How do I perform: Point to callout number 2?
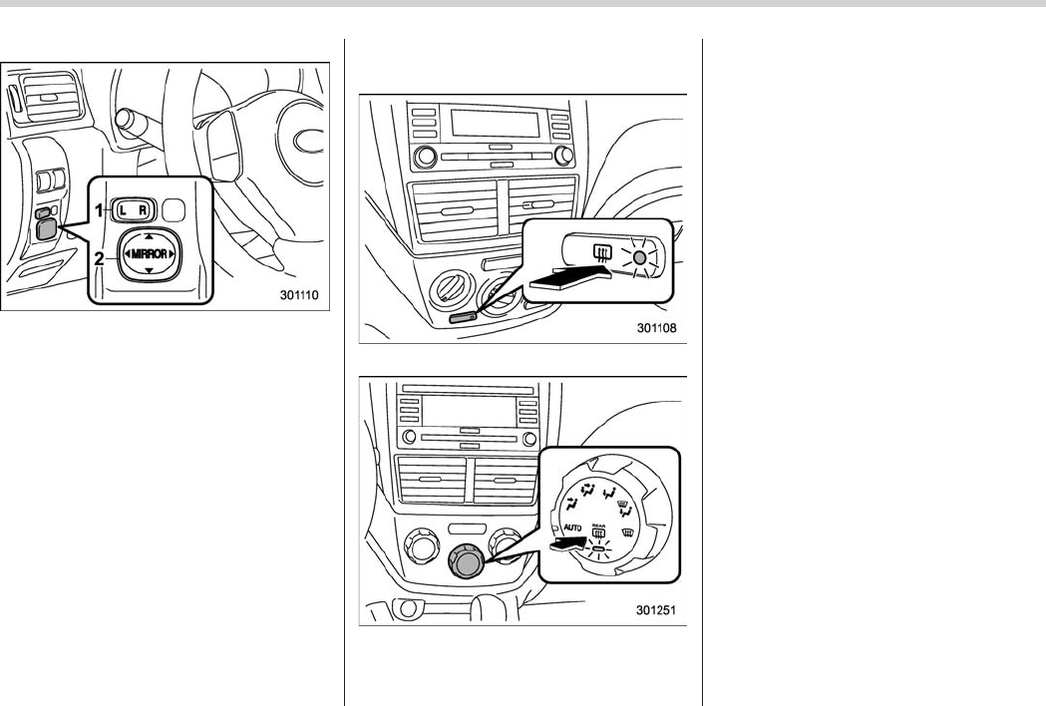101,257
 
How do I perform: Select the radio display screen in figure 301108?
488,125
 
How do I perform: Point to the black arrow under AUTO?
569,544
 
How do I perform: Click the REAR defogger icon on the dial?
599,532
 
